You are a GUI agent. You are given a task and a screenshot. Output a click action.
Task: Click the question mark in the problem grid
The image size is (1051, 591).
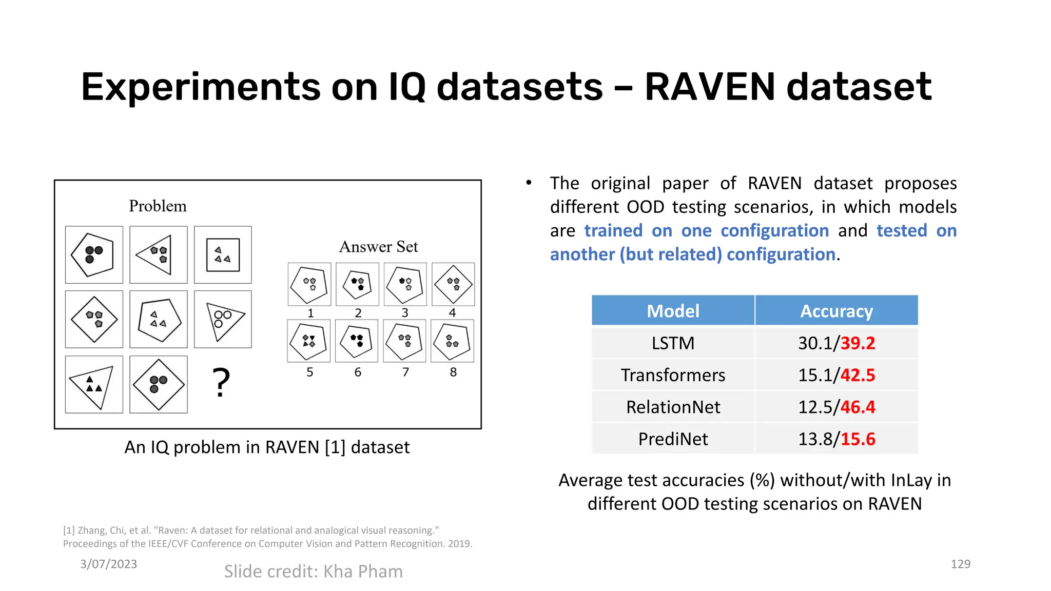point(221,383)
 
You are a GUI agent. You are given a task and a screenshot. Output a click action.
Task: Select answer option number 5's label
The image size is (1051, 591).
point(309,372)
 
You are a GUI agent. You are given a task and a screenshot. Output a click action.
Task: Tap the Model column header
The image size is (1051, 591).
point(673,311)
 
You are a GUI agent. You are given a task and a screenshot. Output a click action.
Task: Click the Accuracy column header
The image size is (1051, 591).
point(836,311)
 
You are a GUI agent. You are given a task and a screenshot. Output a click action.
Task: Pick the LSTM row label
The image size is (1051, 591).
point(673,343)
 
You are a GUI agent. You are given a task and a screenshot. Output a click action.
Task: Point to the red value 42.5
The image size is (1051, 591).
point(858,375)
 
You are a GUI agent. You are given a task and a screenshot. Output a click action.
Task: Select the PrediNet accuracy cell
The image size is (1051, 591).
point(836,439)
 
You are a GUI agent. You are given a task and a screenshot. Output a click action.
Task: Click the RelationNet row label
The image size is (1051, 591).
point(673,407)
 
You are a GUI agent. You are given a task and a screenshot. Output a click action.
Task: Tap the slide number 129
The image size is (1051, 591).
point(960,564)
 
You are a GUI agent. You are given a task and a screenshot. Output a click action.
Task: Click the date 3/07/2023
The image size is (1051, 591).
point(108,564)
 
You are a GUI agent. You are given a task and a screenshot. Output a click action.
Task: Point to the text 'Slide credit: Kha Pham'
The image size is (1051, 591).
point(313,572)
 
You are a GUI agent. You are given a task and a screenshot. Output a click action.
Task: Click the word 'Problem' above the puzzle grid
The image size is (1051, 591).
point(158,206)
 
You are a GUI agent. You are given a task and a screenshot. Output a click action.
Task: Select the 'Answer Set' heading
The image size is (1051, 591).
point(378,247)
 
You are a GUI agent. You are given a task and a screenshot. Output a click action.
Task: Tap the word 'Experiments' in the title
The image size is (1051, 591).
point(200,87)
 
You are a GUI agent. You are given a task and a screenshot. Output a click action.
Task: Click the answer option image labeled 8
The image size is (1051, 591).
point(452,341)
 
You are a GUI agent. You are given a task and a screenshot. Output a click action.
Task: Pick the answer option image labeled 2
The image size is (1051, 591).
point(357,284)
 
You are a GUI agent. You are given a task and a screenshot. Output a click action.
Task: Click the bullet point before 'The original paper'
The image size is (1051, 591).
point(529,183)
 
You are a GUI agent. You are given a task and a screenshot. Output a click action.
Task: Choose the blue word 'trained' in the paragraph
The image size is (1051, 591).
point(613,231)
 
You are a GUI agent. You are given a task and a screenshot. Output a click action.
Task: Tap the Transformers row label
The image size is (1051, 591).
point(673,375)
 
